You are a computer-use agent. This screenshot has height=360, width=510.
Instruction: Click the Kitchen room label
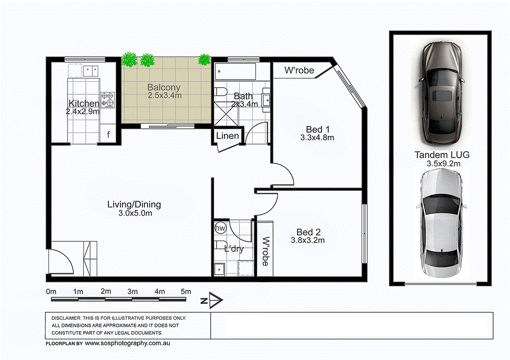click(84, 103)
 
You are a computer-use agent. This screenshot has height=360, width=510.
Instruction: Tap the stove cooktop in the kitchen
click(108, 100)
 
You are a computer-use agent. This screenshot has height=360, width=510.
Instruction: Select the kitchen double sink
click(90, 71)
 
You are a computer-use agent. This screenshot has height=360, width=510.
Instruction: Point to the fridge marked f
click(109, 135)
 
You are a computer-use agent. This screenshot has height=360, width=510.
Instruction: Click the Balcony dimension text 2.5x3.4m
click(164, 96)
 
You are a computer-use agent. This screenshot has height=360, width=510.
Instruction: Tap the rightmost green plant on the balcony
click(204, 60)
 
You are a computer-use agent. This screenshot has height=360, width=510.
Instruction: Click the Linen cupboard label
click(228, 136)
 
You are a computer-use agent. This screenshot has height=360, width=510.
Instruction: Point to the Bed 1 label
click(318, 129)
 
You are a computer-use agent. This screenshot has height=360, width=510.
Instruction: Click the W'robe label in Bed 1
click(299, 71)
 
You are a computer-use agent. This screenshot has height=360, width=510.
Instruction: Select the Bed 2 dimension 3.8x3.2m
click(308, 240)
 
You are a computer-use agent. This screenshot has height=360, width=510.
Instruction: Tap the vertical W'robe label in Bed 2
click(265, 251)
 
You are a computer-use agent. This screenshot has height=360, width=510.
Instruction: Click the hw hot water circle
click(220, 228)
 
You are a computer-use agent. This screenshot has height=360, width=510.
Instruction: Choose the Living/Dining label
click(134, 205)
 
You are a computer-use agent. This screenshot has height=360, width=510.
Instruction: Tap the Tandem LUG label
click(442, 155)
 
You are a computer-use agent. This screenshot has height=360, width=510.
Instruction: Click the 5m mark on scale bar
click(186, 291)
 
